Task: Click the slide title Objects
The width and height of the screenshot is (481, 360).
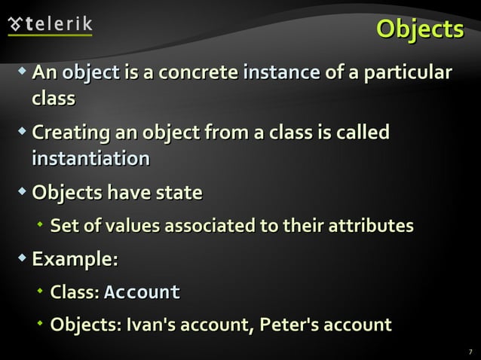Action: coord(420,29)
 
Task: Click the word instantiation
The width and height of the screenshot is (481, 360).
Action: coord(90,159)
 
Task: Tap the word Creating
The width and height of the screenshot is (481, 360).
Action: coord(69,134)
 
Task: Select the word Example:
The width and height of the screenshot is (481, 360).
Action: coord(75,260)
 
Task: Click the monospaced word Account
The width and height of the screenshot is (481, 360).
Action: coord(142,292)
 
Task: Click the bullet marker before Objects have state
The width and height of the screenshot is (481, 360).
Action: coord(23,192)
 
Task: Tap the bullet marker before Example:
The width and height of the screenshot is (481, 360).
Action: coord(23,259)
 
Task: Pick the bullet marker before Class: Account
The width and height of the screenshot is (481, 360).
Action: coord(41,291)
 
